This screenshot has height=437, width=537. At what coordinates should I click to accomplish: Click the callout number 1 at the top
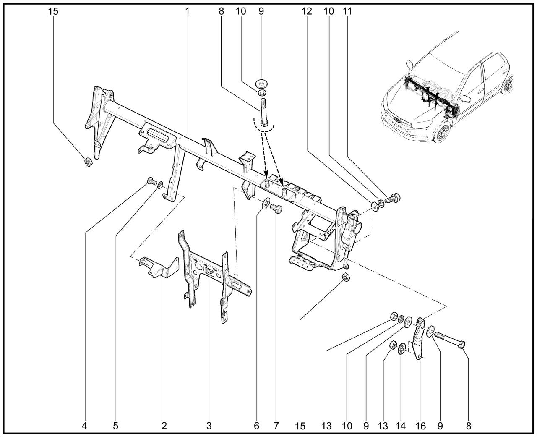[x=188, y=11]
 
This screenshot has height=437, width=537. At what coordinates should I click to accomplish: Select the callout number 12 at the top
[x=307, y=11]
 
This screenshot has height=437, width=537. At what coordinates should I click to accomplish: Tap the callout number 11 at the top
[x=347, y=11]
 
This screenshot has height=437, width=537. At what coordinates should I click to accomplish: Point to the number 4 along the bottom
[x=85, y=426]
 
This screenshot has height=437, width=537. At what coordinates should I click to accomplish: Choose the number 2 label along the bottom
[x=164, y=426]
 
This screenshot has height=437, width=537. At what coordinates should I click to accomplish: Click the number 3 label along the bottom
[x=209, y=426]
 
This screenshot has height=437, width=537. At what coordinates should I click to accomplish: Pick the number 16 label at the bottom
[x=420, y=426]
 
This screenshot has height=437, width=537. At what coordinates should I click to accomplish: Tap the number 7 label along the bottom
[x=276, y=426]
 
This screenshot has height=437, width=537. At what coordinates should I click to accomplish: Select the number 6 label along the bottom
[x=256, y=426]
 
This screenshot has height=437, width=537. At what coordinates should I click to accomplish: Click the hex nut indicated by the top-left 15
[x=88, y=162]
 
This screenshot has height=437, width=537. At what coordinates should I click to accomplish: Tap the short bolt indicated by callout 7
[x=276, y=208]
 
